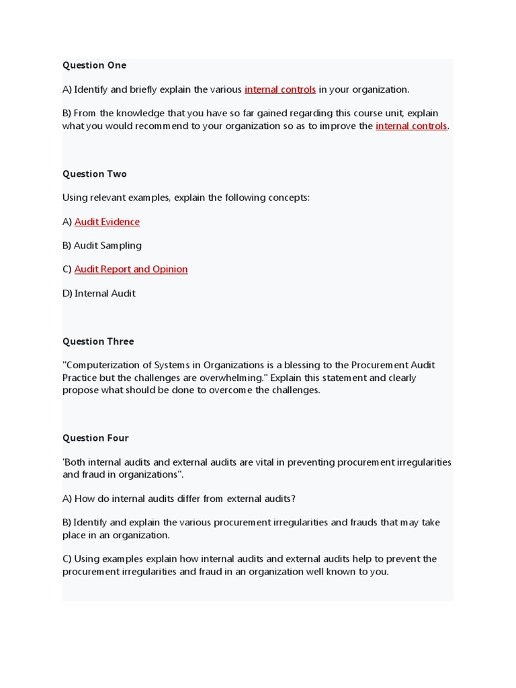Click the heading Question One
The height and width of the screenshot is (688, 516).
pyautogui.click(x=94, y=65)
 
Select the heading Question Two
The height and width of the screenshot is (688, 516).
pyautogui.click(x=94, y=174)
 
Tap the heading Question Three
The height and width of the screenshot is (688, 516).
pyautogui.click(x=98, y=341)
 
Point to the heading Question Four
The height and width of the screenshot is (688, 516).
pyautogui.click(x=95, y=438)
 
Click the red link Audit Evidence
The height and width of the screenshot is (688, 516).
pyautogui.click(x=107, y=222)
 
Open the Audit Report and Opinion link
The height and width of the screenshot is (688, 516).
pyautogui.click(x=131, y=269)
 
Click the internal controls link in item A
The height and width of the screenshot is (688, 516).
pyautogui.click(x=280, y=89)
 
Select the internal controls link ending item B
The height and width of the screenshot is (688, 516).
pyautogui.click(x=411, y=126)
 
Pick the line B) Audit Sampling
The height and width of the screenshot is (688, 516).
pyautogui.click(x=102, y=246)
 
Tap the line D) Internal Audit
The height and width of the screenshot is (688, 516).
pyautogui.click(x=99, y=294)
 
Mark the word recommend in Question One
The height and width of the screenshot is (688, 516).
pyautogui.click(x=158, y=126)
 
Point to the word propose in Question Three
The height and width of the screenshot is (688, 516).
pyautogui.click(x=80, y=390)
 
